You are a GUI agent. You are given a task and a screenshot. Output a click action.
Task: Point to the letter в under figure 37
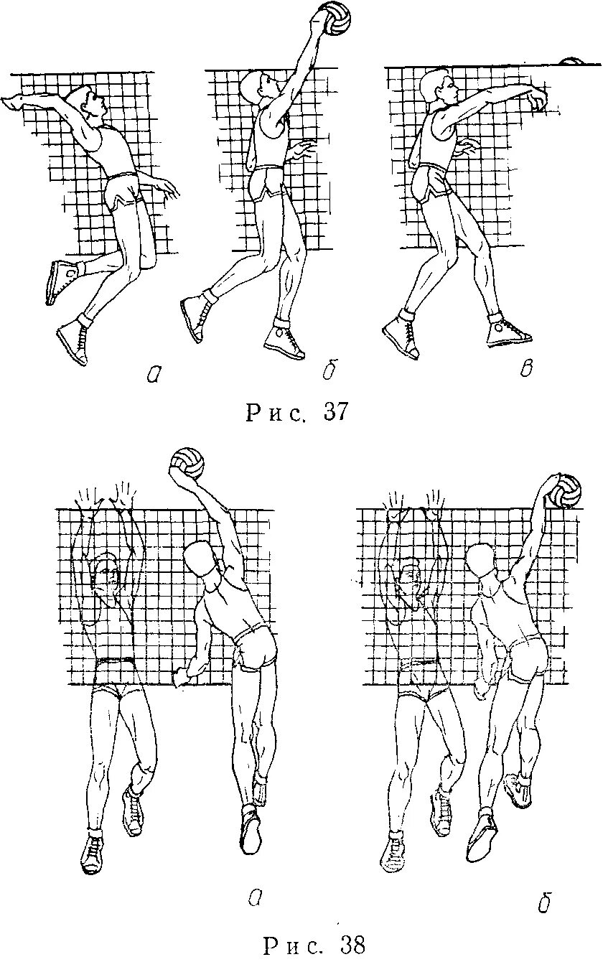(x=526, y=368)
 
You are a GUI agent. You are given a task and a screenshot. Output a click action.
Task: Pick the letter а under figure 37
(x=152, y=373)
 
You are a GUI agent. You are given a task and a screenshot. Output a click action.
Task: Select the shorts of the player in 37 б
(x=269, y=183)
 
